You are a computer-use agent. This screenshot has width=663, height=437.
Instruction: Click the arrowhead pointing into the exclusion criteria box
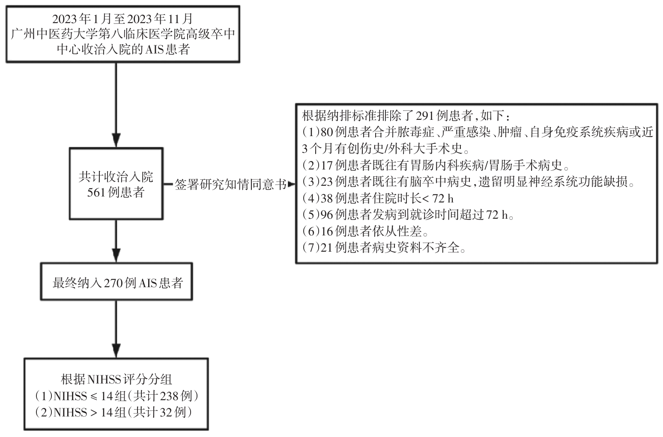(x=291, y=184)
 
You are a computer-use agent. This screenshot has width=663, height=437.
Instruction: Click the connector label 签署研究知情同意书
(x=230, y=184)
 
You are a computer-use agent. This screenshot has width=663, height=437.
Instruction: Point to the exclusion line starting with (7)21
(x=384, y=248)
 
